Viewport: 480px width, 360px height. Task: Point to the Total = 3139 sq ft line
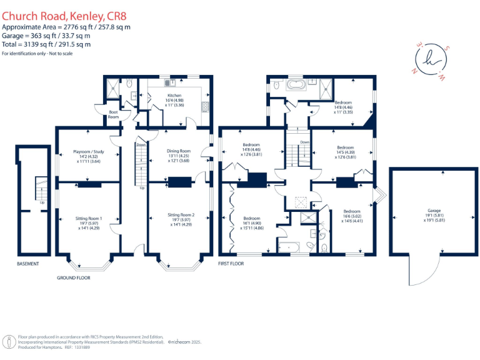[x=46, y=44]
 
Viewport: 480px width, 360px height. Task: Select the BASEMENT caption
[x=28, y=264]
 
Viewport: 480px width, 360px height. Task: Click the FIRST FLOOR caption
[x=231, y=264]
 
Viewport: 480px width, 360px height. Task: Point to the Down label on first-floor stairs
[x=304, y=142]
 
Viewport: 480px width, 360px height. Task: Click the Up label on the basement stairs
[x=42, y=202]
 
